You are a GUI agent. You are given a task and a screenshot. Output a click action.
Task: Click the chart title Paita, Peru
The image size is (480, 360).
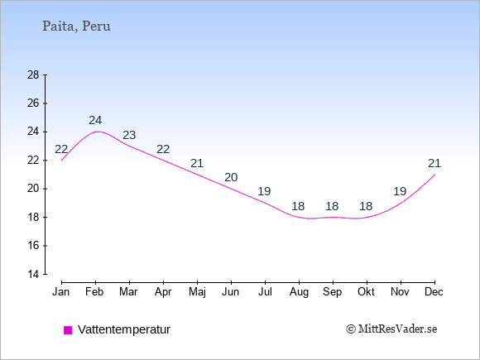[76, 26]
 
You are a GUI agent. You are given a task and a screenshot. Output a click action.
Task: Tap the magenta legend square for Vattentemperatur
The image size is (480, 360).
[68, 330]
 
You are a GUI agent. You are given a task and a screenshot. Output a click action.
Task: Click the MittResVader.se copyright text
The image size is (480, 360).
[391, 329]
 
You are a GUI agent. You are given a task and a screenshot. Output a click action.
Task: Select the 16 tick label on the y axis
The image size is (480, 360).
[33, 246]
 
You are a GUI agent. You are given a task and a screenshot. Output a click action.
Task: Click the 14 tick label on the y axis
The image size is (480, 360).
[33, 274]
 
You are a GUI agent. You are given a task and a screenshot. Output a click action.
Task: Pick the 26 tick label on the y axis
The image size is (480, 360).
[33, 103]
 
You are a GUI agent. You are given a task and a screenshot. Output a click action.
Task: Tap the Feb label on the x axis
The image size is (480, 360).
[94, 292]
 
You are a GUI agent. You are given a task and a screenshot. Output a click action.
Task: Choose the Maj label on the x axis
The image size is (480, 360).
[197, 292]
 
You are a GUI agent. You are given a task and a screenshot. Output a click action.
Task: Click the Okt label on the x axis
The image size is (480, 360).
[366, 292]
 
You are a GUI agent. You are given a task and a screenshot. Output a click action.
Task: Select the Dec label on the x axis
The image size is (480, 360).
[434, 292]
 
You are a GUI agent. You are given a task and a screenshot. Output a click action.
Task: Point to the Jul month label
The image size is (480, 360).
[265, 292]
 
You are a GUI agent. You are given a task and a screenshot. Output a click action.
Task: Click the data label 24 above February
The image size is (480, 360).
[95, 120]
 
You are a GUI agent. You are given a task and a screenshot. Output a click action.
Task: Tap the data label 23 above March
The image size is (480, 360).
[129, 135]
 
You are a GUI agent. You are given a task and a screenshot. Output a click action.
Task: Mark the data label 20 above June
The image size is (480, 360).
[231, 177]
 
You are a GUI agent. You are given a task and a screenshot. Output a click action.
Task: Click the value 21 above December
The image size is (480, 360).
[434, 163]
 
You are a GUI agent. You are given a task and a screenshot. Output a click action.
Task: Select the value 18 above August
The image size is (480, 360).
[298, 206]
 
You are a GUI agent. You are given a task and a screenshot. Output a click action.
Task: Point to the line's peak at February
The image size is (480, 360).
[97, 132]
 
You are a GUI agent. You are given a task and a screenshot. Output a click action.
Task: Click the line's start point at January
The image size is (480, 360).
[62, 160]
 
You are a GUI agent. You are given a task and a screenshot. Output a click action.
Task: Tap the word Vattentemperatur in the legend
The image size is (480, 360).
[124, 329]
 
